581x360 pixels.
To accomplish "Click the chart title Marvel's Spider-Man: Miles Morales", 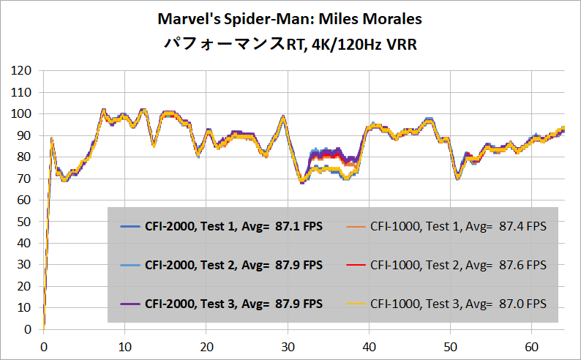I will tap(290, 18).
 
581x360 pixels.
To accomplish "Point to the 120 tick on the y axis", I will tap(22, 71).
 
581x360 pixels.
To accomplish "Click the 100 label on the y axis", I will tap(22, 114).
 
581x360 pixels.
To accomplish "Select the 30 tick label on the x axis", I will tap(288, 345).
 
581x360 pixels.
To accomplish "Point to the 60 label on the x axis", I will tap(533, 345).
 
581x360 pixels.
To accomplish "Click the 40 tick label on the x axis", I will tap(370, 345).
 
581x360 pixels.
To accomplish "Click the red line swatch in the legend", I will tap(353, 263).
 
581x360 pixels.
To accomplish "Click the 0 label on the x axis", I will tap(44, 345).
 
